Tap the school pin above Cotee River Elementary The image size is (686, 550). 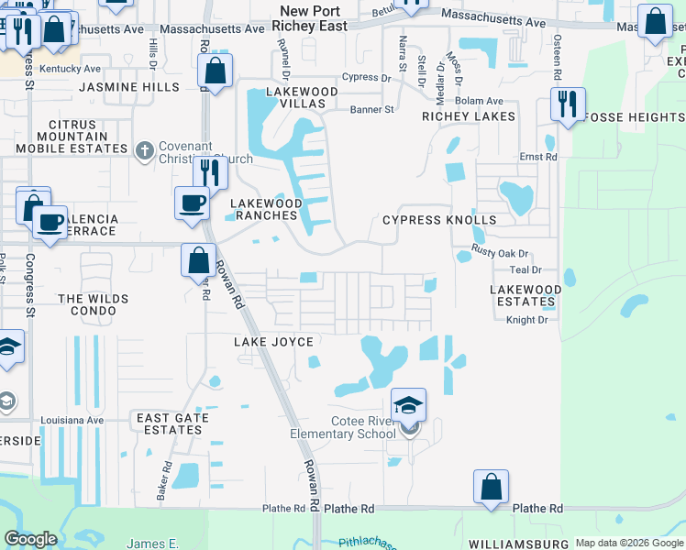coord(408,404)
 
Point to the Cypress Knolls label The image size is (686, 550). coord(439,220)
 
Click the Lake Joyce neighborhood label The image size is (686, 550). coord(273,342)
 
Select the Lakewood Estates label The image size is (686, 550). coord(526,295)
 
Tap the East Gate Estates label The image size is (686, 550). coord(172,423)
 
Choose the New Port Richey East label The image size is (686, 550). coord(313,18)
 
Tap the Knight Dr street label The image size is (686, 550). coord(526,319)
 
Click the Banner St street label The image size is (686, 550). coord(371,109)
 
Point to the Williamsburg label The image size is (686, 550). coord(514,544)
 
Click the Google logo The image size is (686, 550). coord(30,539)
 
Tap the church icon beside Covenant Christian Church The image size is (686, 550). coord(143,150)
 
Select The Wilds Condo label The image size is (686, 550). coord(86,305)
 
